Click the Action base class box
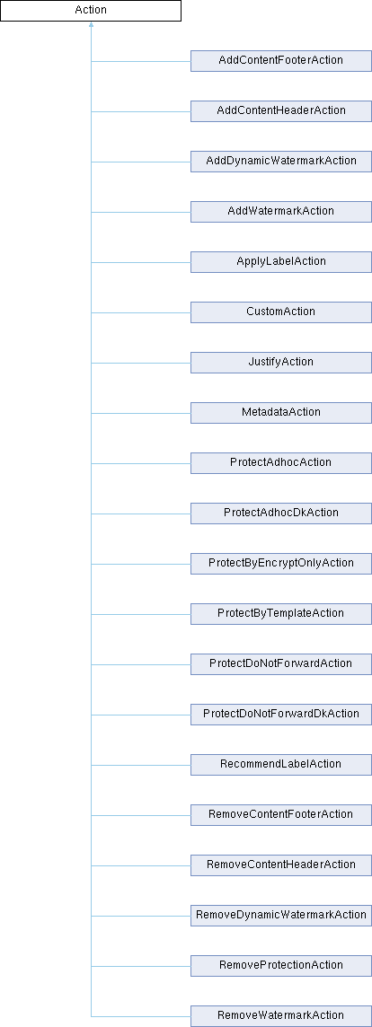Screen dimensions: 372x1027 (91, 11)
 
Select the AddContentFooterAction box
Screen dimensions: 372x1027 (281, 61)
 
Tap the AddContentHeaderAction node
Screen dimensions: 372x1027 (281, 111)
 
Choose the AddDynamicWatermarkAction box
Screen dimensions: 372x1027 (281, 162)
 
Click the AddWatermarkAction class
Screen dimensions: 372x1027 (281, 212)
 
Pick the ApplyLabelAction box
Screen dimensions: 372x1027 (281, 262)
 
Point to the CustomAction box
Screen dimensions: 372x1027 (281, 312)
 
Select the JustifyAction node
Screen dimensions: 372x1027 (281, 363)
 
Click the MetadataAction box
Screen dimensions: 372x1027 (281, 413)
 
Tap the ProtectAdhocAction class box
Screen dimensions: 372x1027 (281, 463)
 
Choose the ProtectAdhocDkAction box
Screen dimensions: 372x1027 (281, 513)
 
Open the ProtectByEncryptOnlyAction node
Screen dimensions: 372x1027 (281, 564)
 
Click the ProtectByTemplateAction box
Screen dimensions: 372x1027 (281, 614)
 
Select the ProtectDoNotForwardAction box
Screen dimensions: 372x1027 (281, 664)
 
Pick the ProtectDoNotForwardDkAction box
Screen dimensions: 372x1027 (281, 715)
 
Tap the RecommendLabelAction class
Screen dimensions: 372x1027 (281, 765)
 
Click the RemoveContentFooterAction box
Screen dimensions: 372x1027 (281, 815)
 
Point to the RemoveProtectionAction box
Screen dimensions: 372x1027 (281, 966)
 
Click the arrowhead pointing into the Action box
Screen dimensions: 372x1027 (91, 24)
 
